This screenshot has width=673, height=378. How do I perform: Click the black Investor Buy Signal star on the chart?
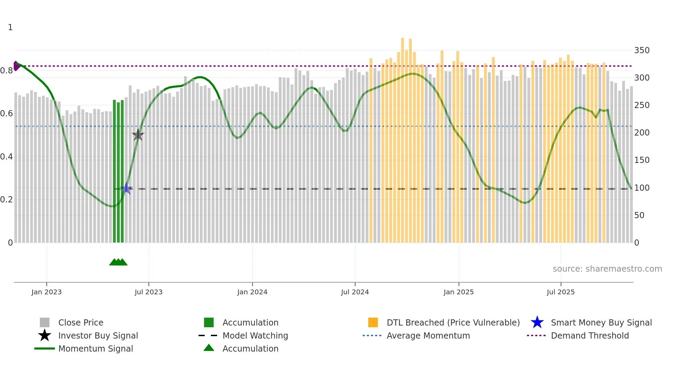tap(138, 135)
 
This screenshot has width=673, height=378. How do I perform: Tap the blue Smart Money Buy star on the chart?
tap(126, 188)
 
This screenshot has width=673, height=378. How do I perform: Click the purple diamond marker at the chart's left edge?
tap(16, 66)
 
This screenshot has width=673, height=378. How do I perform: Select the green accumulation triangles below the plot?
tap(118, 262)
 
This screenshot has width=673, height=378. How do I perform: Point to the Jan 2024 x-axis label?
tap(252, 292)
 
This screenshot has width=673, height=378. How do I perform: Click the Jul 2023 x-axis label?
tap(148, 292)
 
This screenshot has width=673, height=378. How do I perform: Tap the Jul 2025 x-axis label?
tap(560, 292)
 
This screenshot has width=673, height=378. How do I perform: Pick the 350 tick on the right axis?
tap(641, 50)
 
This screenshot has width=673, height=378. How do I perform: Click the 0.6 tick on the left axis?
tap(7, 114)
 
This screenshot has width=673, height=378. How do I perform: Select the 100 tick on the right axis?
tap(641, 188)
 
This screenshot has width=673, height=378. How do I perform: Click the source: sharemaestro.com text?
tap(607, 269)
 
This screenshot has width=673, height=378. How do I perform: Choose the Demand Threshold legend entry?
tap(590, 335)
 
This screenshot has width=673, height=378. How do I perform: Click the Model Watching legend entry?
tap(255, 335)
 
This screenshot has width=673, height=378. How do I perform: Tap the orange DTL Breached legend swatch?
tap(373, 322)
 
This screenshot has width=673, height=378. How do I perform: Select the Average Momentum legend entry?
tap(428, 335)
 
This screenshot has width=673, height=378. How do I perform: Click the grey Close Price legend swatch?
tap(45, 322)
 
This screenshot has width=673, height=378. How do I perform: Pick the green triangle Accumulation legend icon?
tap(209, 348)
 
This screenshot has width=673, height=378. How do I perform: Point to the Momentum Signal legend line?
tap(45, 349)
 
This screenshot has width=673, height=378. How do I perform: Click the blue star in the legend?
tap(537, 322)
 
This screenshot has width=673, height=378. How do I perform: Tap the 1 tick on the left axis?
tap(10, 27)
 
